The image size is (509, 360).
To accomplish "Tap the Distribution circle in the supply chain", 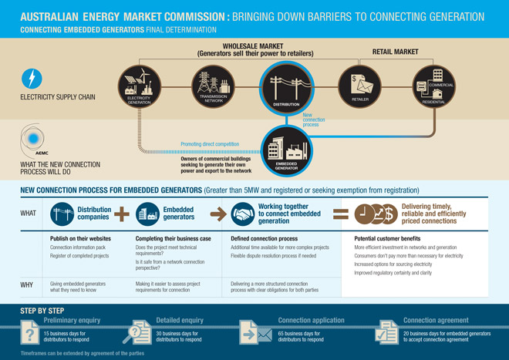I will coord(285,86).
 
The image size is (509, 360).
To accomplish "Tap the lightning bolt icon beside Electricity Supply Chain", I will coord(32,78).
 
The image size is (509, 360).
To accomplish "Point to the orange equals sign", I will coord(336,214).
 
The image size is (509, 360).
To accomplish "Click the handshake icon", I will coord(244,214).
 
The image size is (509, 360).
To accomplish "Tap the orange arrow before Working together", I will coord(218,214).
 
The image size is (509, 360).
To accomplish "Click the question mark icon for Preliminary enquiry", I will coord(30,334).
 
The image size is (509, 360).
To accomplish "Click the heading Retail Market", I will coord(395,52).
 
